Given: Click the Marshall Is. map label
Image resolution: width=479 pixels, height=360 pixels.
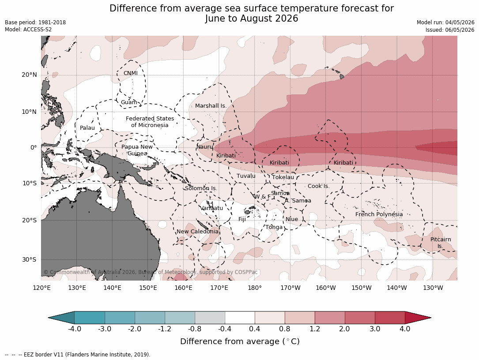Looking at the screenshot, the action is (211, 106).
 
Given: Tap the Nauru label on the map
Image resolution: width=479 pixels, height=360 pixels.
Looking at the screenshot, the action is (204, 147).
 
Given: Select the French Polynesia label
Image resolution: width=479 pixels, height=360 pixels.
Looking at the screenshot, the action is (379, 214).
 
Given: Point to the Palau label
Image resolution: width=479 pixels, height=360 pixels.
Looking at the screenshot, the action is (87, 128).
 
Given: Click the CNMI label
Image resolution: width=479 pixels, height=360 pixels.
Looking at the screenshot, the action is (130, 73).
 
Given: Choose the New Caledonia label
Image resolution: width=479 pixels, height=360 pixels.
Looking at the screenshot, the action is (197, 232).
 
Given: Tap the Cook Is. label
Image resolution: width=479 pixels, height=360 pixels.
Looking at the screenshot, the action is (318, 186).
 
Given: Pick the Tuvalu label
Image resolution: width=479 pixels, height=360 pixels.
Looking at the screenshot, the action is (246, 176).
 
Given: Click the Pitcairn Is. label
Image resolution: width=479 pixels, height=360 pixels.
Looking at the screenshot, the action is (441, 243).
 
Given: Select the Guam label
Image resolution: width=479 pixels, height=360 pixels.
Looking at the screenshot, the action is (129, 102).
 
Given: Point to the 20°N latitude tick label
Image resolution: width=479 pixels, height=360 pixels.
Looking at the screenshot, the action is (29, 75).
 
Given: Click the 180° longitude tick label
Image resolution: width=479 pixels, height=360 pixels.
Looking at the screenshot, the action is (254, 288).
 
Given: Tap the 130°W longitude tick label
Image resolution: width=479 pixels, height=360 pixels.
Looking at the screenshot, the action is (433, 288).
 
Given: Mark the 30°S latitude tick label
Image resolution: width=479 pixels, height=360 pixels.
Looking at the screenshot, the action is (29, 259).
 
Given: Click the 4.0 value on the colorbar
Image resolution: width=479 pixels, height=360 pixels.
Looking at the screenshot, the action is (405, 329).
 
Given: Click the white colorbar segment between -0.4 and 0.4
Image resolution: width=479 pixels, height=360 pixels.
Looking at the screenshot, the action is (240, 318).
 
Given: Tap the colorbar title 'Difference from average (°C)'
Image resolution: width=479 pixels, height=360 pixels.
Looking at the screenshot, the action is (240, 341).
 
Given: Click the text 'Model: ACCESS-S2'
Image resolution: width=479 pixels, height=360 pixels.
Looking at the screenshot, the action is (28, 30).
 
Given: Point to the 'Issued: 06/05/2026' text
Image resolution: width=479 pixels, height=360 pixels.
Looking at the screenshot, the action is (450, 30).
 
